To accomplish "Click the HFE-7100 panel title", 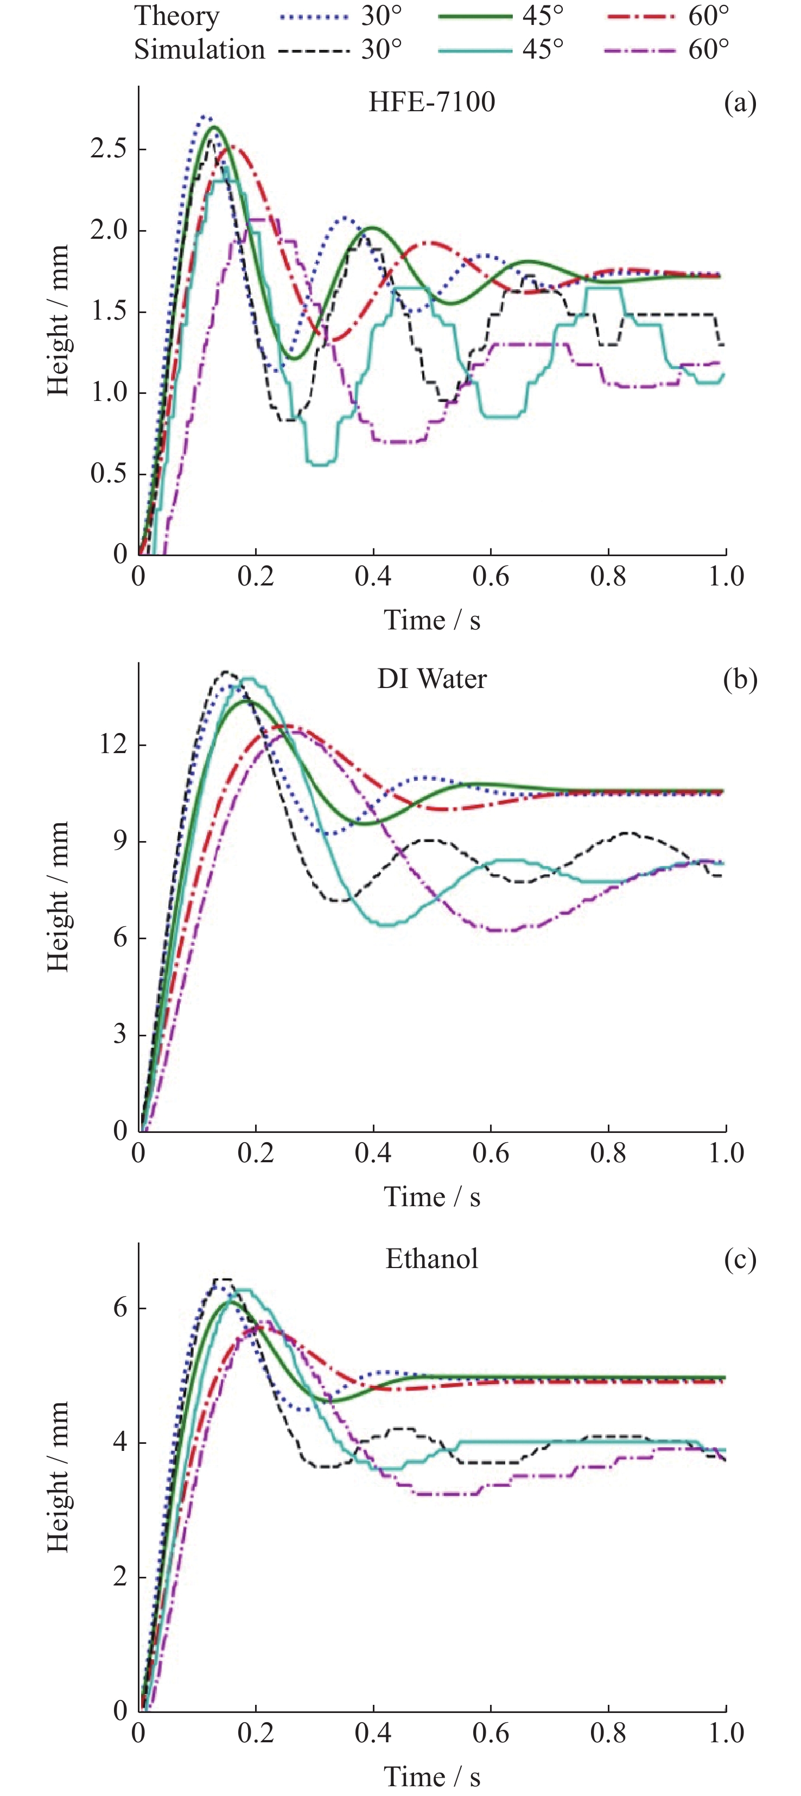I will [x=431, y=103].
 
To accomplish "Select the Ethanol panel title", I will [x=431, y=1259].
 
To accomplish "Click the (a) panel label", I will [x=740, y=103].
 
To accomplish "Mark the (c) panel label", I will [x=740, y=1259].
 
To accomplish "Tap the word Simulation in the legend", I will [x=199, y=49].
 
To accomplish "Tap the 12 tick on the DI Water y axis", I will [x=113, y=744].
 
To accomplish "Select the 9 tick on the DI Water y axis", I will [x=120, y=841].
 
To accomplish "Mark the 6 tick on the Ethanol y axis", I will [x=120, y=1307].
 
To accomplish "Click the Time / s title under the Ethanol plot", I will [x=431, y=1777].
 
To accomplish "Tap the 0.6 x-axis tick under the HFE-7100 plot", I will [x=490, y=577].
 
